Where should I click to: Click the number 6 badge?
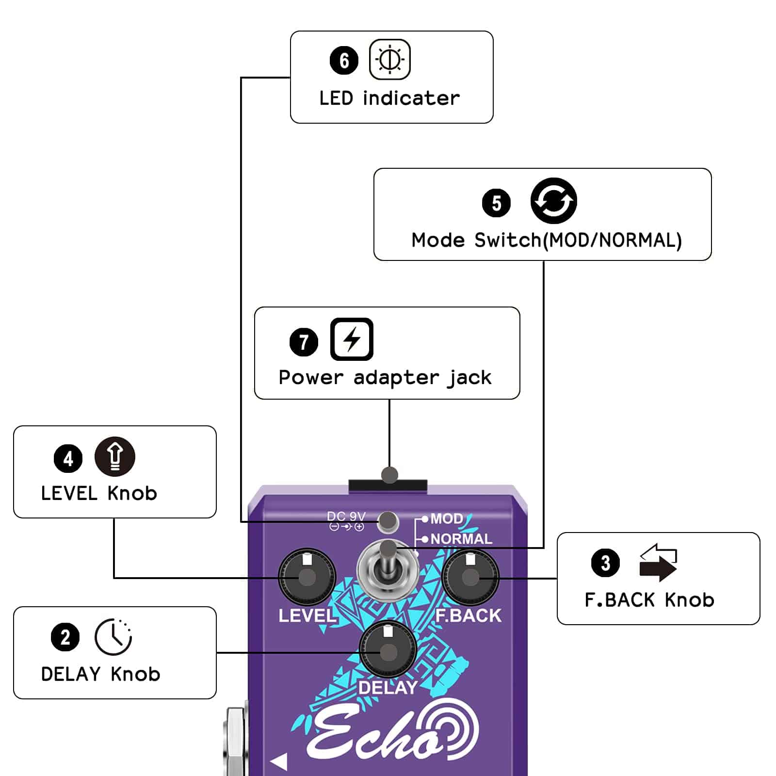pyautogui.click(x=344, y=61)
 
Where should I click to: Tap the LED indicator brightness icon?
pyautogui.click(x=389, y=60)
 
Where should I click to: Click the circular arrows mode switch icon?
pyautogui.click(x=553, y=201)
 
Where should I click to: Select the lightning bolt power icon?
pyautogui.click(x=352, y=339)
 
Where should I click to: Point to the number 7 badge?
pyautogui.click(x=304, y=342)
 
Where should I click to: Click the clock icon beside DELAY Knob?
pyautogui.click(x=113, y=637)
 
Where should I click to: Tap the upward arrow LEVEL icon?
pyautogui.click(x=115, y=456)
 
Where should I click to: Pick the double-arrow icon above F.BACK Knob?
pyautogui.click(x=658, y=563)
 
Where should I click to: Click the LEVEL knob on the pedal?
pyautogui.click(x=307, y=578)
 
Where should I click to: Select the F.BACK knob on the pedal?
pyautogui.click(x=470, y=577)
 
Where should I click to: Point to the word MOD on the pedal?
pyautogui.click(x=447, y=519)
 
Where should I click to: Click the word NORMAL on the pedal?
pyautogui.click(x=461, y=539)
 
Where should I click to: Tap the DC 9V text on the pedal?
pyautogui.click(x=346, y=517)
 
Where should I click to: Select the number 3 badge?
pyautogui.click(x=605, y=563)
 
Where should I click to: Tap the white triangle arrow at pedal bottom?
pyautogui.click(x=279, y=761)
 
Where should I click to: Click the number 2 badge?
pyautogui.click(x=65, y=637)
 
